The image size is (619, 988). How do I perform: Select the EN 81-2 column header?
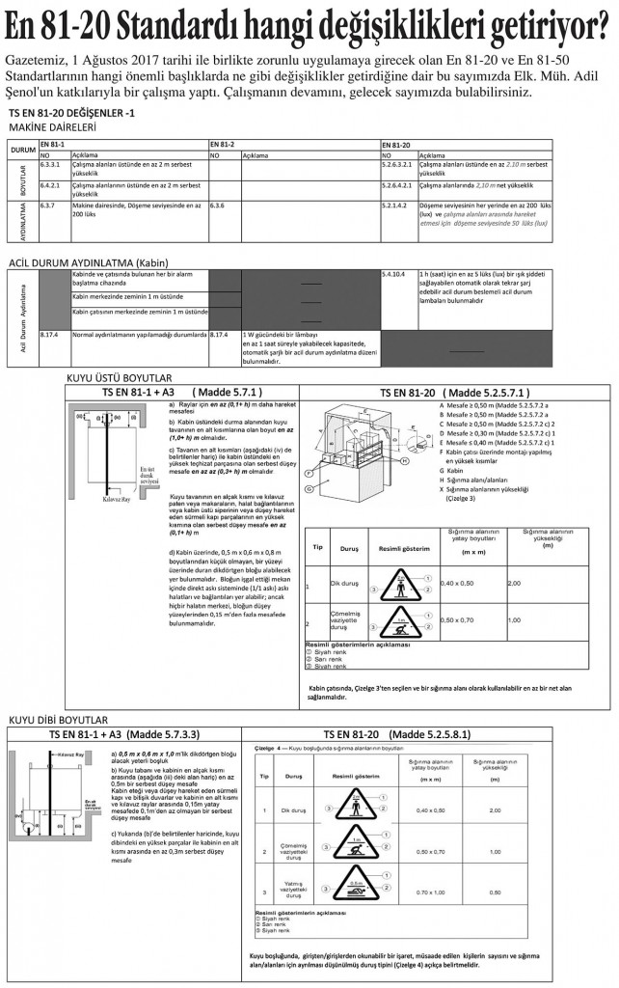point(223,143)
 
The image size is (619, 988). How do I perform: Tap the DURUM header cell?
point(22,151)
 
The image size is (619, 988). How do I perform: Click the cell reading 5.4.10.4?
point(394,274)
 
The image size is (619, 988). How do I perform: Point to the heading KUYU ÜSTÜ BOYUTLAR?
point(119,377)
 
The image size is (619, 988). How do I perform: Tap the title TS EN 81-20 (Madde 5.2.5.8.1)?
point(396,733)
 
